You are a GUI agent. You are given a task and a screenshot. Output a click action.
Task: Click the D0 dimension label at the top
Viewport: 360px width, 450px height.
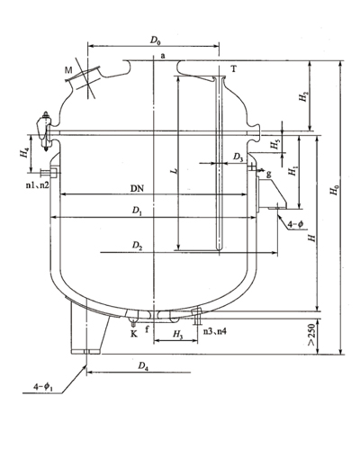(156, 40)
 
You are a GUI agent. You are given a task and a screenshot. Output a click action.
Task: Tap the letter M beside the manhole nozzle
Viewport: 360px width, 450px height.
(68, 71)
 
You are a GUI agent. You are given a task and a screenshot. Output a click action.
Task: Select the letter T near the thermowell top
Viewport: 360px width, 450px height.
(233, 69)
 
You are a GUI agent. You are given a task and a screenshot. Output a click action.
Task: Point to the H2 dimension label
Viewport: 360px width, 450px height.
(303, 96)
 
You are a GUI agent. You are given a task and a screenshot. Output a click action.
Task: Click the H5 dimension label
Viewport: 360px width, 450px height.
(274, 145)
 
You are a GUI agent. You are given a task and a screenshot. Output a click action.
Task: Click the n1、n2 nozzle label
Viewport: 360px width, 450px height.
(38, 185)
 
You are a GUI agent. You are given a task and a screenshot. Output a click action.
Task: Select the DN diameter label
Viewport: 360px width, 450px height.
(137, 189)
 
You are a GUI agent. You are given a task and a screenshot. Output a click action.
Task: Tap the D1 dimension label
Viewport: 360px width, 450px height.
(138, 211)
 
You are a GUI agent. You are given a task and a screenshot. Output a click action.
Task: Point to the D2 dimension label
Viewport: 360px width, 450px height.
(138, 246)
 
